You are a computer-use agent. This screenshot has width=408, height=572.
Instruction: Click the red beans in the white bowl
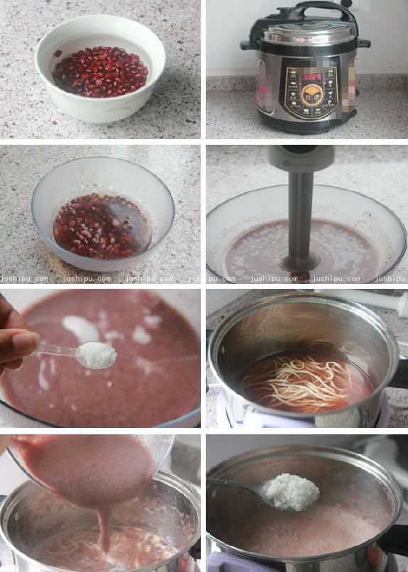(x=99, y=72)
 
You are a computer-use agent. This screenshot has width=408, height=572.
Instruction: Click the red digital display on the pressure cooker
(x=310, y=75)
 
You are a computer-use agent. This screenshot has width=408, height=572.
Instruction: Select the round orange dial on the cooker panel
(x=310, y=94)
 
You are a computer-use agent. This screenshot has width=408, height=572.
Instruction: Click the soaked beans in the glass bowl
(x=99, y=225)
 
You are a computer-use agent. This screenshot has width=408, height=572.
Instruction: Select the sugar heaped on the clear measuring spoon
(x=95, y=354)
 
